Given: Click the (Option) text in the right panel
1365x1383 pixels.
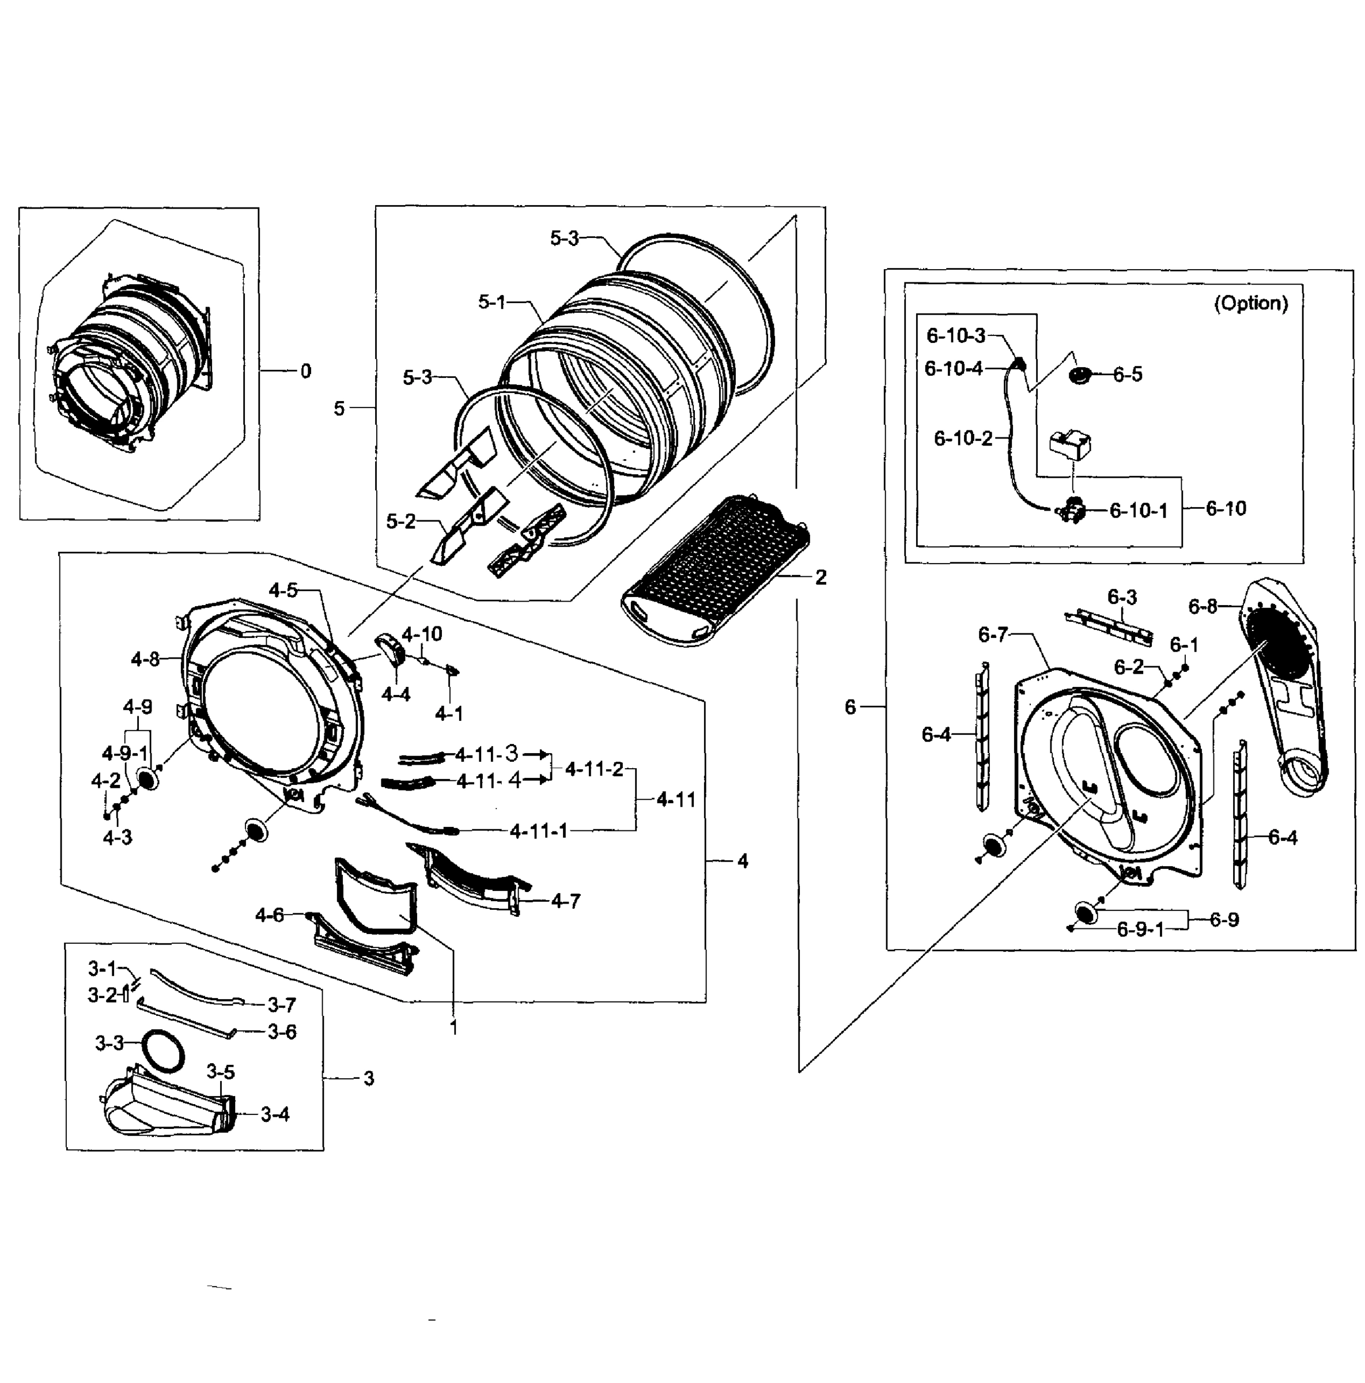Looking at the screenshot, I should click(1250, 304).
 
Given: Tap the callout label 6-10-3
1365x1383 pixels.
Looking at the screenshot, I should click(955, 335).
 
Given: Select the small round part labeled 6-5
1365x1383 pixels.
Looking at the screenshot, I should click(1079, 375).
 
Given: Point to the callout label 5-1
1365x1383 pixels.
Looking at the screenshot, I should click(491, 302).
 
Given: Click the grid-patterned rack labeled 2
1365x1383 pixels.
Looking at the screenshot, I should click(716, 569).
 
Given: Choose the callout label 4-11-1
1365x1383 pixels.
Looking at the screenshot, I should click(538, 831).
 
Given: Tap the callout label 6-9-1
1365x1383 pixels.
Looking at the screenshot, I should click(1140, 930).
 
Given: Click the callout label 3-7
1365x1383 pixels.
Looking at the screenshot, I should click(281, 1006).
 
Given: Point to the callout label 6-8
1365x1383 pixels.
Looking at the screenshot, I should click(1202, 606).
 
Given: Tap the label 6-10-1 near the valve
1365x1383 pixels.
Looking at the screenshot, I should click(1138, 511).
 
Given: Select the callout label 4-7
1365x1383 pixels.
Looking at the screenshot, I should click(565, 901).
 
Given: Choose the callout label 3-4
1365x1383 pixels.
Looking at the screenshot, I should click(275, 1114).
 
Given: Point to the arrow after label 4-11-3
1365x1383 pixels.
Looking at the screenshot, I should click(536, 754).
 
